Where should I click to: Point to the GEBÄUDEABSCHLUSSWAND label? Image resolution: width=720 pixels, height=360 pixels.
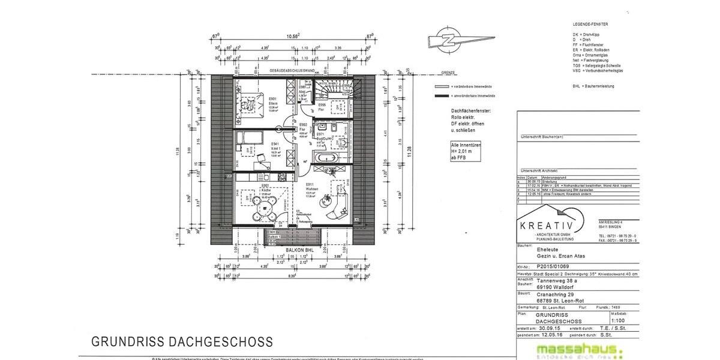tap(292, 71)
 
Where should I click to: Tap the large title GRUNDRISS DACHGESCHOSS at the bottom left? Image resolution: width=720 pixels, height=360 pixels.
tap(182, 342)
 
